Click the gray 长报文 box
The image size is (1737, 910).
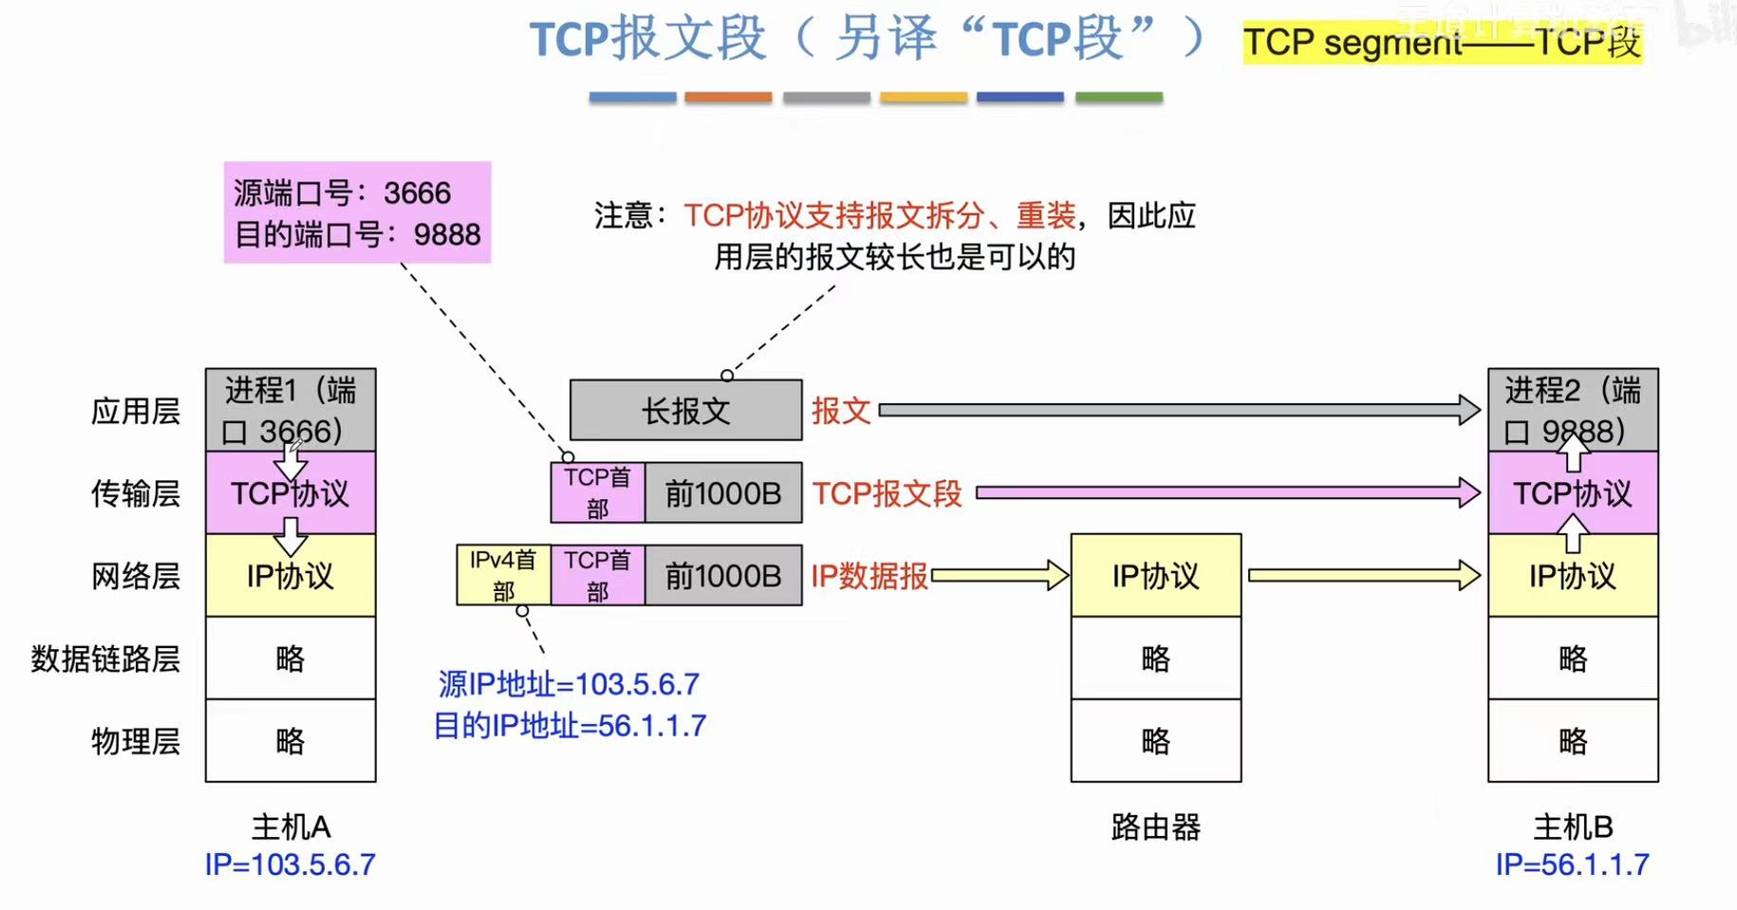(x=685, y=410)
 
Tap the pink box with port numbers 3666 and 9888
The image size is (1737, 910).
(x=357, y=213)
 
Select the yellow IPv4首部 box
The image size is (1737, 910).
(x=503, y=575)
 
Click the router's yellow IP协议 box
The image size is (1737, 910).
(x=1155, y=575)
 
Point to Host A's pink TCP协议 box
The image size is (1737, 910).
(x=290, y=493)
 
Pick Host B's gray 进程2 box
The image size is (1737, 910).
(x=1572, y=410)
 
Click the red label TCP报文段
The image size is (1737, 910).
(x=887, y=493)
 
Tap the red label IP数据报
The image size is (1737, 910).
(x=869, y=576)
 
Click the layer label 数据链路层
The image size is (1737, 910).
(x=105, y=659)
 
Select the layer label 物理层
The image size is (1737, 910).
(x=135, y=741)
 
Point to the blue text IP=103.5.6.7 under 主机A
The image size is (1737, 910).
(x=290, y=864)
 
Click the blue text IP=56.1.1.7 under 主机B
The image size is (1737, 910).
(x=1572, y=864)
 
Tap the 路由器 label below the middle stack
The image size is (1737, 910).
(x=1155, y=827)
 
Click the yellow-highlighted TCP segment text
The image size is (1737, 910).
(x=1442, y=43)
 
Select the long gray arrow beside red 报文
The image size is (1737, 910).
(x=1177, y=410)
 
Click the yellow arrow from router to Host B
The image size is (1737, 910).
(x=1363, y=575)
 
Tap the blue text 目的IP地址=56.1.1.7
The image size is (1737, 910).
(x=570, y=726)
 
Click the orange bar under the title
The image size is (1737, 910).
(x=728, y=97)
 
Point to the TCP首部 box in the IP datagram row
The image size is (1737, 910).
(x=597, y=575)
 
